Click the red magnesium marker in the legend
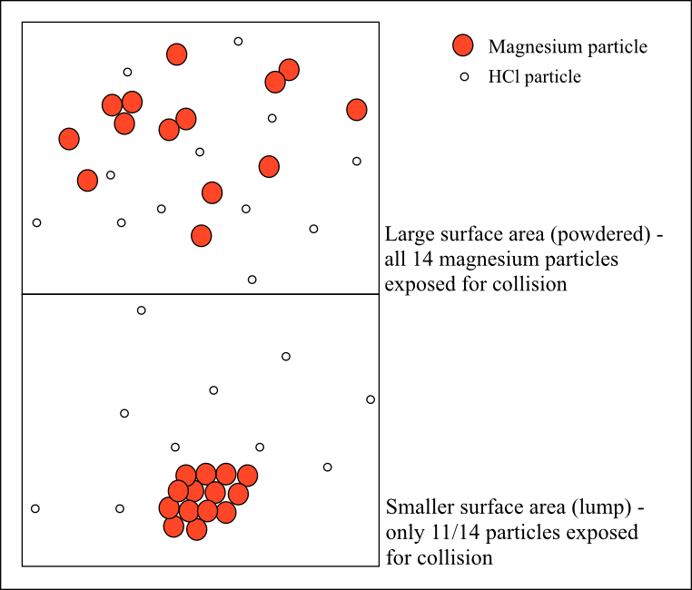pos(463,46)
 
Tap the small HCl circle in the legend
pos(463,77)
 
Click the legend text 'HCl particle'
pos(534,77)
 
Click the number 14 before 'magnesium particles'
pos(420,261)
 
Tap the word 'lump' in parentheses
pos(610,506)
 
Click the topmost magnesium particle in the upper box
pos(177,54)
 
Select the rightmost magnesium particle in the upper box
pos(357,110)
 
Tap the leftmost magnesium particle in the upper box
pos(69,139)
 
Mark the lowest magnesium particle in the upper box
pos(202,236)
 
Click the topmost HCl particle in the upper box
pos(238,41)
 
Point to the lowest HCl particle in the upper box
pos(252,280)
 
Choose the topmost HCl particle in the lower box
pos(141,310)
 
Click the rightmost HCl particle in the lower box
pos(371,399)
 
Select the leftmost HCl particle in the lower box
pos(35,508)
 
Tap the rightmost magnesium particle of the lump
pos(247,476)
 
